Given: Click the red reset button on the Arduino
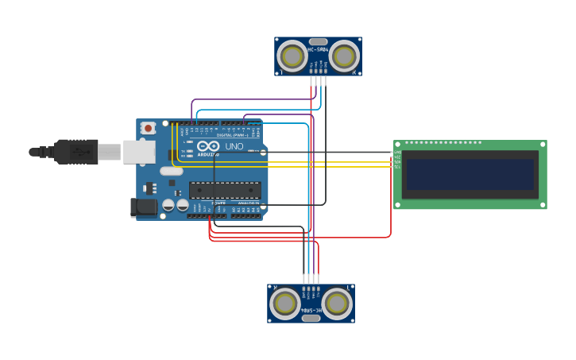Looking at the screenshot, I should tap(148, 128).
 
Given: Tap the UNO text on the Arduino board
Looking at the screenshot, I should tap(234, 146).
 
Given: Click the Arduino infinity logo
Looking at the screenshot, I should tap(208, 146).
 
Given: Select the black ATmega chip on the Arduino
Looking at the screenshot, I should tap(225, 191).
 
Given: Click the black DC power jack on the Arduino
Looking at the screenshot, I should tap(143, 207).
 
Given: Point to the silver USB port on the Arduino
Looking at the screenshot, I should tap(138, 152).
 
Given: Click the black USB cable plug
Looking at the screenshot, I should tap(76, 151).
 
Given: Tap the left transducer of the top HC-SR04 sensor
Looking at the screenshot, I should tap(292, 56).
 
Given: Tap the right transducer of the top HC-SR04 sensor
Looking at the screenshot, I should tap(344, 56).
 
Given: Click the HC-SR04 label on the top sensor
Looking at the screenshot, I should tap(318, 50).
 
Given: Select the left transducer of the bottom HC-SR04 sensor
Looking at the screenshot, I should tap(285, 303).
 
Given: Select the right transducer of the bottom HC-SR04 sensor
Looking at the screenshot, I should tap(337, 303).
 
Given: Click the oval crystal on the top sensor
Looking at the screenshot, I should tap(318, 41).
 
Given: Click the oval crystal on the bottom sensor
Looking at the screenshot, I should tap(311, 318).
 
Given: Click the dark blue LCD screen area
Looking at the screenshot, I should tap(470, 175).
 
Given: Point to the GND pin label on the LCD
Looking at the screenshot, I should tap(397, 153).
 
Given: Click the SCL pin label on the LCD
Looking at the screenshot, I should tap(397, 167).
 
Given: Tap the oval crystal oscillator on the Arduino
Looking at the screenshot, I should tap(171, 171).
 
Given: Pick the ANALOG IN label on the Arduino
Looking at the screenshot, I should tap(247, 203).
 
